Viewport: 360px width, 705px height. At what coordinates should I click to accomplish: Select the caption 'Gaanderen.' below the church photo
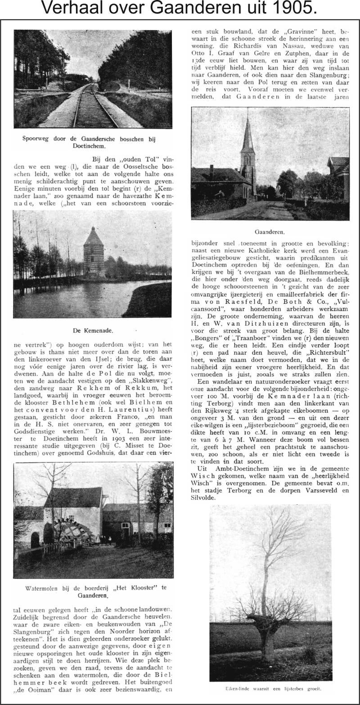pyautogui.click(x=270, y=232)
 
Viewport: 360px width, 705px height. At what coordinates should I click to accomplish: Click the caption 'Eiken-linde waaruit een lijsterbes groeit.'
pyautogui.click(x=270, y=689)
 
